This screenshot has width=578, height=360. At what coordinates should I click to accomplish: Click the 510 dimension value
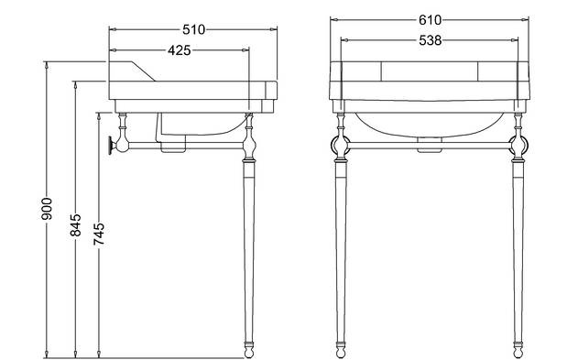(193, 29)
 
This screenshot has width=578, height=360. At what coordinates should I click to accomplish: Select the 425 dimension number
(180, 50)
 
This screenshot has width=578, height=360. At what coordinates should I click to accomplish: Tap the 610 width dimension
(430, 20)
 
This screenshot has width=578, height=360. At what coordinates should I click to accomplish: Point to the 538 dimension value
(430, 40)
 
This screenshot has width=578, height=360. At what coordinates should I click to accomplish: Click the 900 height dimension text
(47, 209)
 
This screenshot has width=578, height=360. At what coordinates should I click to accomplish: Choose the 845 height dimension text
(75, 224)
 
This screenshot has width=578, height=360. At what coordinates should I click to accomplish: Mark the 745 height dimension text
(98, 234)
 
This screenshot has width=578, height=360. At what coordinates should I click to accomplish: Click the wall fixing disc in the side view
(111, 145)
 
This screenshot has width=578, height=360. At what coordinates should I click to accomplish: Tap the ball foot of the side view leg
(249, 350)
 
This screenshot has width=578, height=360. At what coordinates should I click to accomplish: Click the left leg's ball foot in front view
(341, 350)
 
